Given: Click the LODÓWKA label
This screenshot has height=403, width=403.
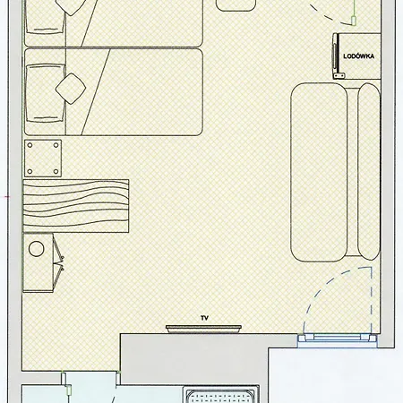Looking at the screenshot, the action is pyautogui.click(x=358, y=56).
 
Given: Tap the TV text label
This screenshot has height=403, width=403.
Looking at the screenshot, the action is pyautogui.click(x=204, y=318).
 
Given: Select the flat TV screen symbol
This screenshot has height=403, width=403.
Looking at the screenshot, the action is pyautogui.click(x=203, y=329).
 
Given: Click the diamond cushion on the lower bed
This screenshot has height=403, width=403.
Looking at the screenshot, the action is pyautogui.click(x=71, y=89).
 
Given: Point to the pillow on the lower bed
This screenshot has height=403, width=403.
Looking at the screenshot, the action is pyautogui.click(x=46, y=93).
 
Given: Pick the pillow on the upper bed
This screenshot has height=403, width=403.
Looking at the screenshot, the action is pyautogui.click(x=46, y=16).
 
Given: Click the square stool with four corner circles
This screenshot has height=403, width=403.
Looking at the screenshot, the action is pyautogui.click(x=43, y=159).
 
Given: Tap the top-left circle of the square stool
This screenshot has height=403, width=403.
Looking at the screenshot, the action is pyautogui.click(x=30, y=145).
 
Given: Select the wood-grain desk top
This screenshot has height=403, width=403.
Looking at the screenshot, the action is pyautogui.click(x=76, y=206).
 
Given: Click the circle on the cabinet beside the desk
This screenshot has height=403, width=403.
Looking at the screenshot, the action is pyautogui.click(x=37, y=248).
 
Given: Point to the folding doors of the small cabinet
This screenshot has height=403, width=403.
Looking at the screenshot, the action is pyautogui.click(x=58, y=262).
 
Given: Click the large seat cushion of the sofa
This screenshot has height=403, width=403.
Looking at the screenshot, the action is pyautogui.click(x=319, y=173).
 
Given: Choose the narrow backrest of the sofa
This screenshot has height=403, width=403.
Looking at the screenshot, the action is pyautogui.click(x=369, y=171).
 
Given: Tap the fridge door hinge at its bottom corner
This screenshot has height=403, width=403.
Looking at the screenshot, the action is pyautogui.click(x=339, y=76).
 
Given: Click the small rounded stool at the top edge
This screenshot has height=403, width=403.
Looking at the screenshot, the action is pyautogui.click(x=236, y=5).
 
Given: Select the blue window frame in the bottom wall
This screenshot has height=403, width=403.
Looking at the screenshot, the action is pyautogui.click(x=338, y=340).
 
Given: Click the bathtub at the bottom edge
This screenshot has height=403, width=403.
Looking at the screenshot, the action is pyautogui.click(x=221, y=396).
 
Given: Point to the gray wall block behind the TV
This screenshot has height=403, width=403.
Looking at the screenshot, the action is pyautogui.click(x=194, y=358).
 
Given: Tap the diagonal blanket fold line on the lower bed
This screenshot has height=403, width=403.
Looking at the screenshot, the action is pyautogui.click(x=96, y=91).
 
